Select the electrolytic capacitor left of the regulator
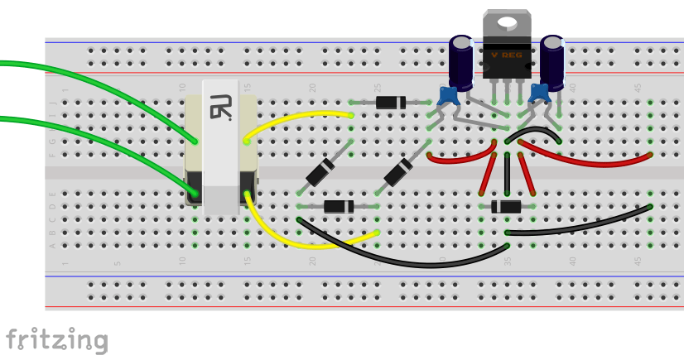461,57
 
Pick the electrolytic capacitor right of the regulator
552,57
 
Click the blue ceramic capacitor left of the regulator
449,95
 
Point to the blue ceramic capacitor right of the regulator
540,93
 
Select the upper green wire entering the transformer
99,83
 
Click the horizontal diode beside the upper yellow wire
390,103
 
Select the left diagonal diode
320,173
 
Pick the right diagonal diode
398,173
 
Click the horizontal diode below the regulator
506,207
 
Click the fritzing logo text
56,339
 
